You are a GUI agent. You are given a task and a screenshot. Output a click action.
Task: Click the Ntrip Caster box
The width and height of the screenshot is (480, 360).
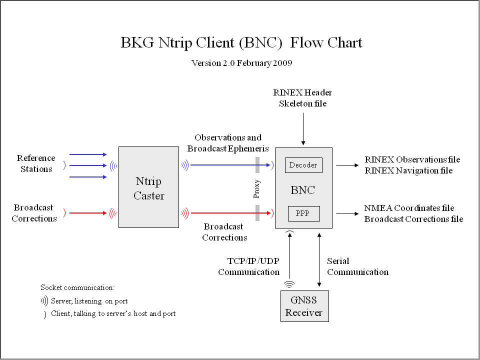148,187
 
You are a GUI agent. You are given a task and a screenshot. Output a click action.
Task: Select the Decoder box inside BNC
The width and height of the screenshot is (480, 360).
303,165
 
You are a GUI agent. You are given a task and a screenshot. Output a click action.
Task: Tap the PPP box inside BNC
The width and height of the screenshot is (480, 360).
303,213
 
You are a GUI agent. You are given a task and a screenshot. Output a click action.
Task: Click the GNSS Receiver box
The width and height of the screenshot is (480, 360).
304,306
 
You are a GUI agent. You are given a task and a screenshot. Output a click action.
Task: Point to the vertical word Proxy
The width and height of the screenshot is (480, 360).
257,189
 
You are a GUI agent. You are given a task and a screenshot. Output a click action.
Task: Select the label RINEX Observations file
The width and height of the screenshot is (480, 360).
412,160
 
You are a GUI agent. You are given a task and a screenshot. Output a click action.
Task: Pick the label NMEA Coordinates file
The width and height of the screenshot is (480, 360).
409,208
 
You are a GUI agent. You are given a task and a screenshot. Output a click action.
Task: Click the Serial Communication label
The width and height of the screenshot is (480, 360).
357,266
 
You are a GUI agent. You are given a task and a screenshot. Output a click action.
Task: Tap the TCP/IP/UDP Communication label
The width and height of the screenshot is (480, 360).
248,266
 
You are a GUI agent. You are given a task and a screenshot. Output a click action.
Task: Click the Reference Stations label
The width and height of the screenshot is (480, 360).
36,163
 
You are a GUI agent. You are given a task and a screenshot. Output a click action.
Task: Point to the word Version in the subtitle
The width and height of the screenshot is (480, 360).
205,63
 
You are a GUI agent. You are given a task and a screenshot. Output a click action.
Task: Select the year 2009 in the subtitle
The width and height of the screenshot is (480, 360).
282,63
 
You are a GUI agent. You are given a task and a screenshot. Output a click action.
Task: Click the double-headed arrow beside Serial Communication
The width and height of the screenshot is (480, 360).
319,259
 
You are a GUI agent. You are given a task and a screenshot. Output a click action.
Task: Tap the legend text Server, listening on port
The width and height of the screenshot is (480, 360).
89,301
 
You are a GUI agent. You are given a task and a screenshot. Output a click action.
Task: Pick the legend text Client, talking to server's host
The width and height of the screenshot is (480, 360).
113,314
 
